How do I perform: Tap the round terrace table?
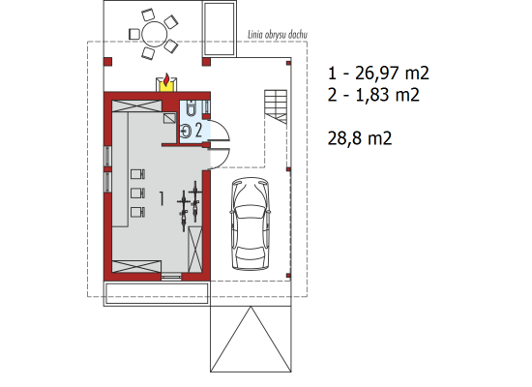(x=155, y=34)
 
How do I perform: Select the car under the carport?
(x=251, y=224)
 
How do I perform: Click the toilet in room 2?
(x=191, y=107)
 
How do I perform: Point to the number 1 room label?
(x=162, y=198)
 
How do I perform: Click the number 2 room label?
(x=198, y=130)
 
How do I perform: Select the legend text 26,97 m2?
(x=392, y=74)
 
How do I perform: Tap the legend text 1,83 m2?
(x=387, y=95)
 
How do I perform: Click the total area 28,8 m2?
(x=360, y=138)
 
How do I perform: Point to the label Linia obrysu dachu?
(x=278, y=35)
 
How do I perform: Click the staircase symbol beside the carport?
(x=276, y=106)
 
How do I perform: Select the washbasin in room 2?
(x=186, y=131)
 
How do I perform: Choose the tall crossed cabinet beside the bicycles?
(x=195, y=250)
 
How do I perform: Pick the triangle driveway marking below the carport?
(x=251, y=339)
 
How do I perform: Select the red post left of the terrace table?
(x=107, y=62)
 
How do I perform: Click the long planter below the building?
(x=157, y=294)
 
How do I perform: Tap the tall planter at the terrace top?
(x=220, y=29)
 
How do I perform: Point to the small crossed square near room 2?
(x=169, y=118)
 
